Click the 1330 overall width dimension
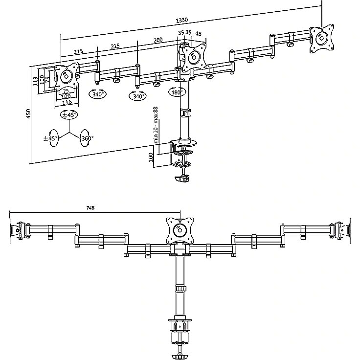(x=182, y=20)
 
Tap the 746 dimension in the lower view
(x=90, y=208)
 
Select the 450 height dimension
(x=28, y=113)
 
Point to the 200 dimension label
(x=158, y=40)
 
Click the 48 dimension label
(x=198, y=34)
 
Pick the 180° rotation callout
(x=177, y=92)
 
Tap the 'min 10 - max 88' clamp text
(x=156, y=125)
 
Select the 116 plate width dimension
(x=67, y=102)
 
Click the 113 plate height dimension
(x=36, y=81)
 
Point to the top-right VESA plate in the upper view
(x=321, y=39)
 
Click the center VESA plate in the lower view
(x=180, y=230)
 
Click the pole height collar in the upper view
(x=185, y=113)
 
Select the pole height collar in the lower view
(x=180, y=289)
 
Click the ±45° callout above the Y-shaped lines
(x=69, y=114)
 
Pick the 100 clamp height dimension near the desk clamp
(x=151, y=157)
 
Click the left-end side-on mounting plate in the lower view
(x=15, y=230)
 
